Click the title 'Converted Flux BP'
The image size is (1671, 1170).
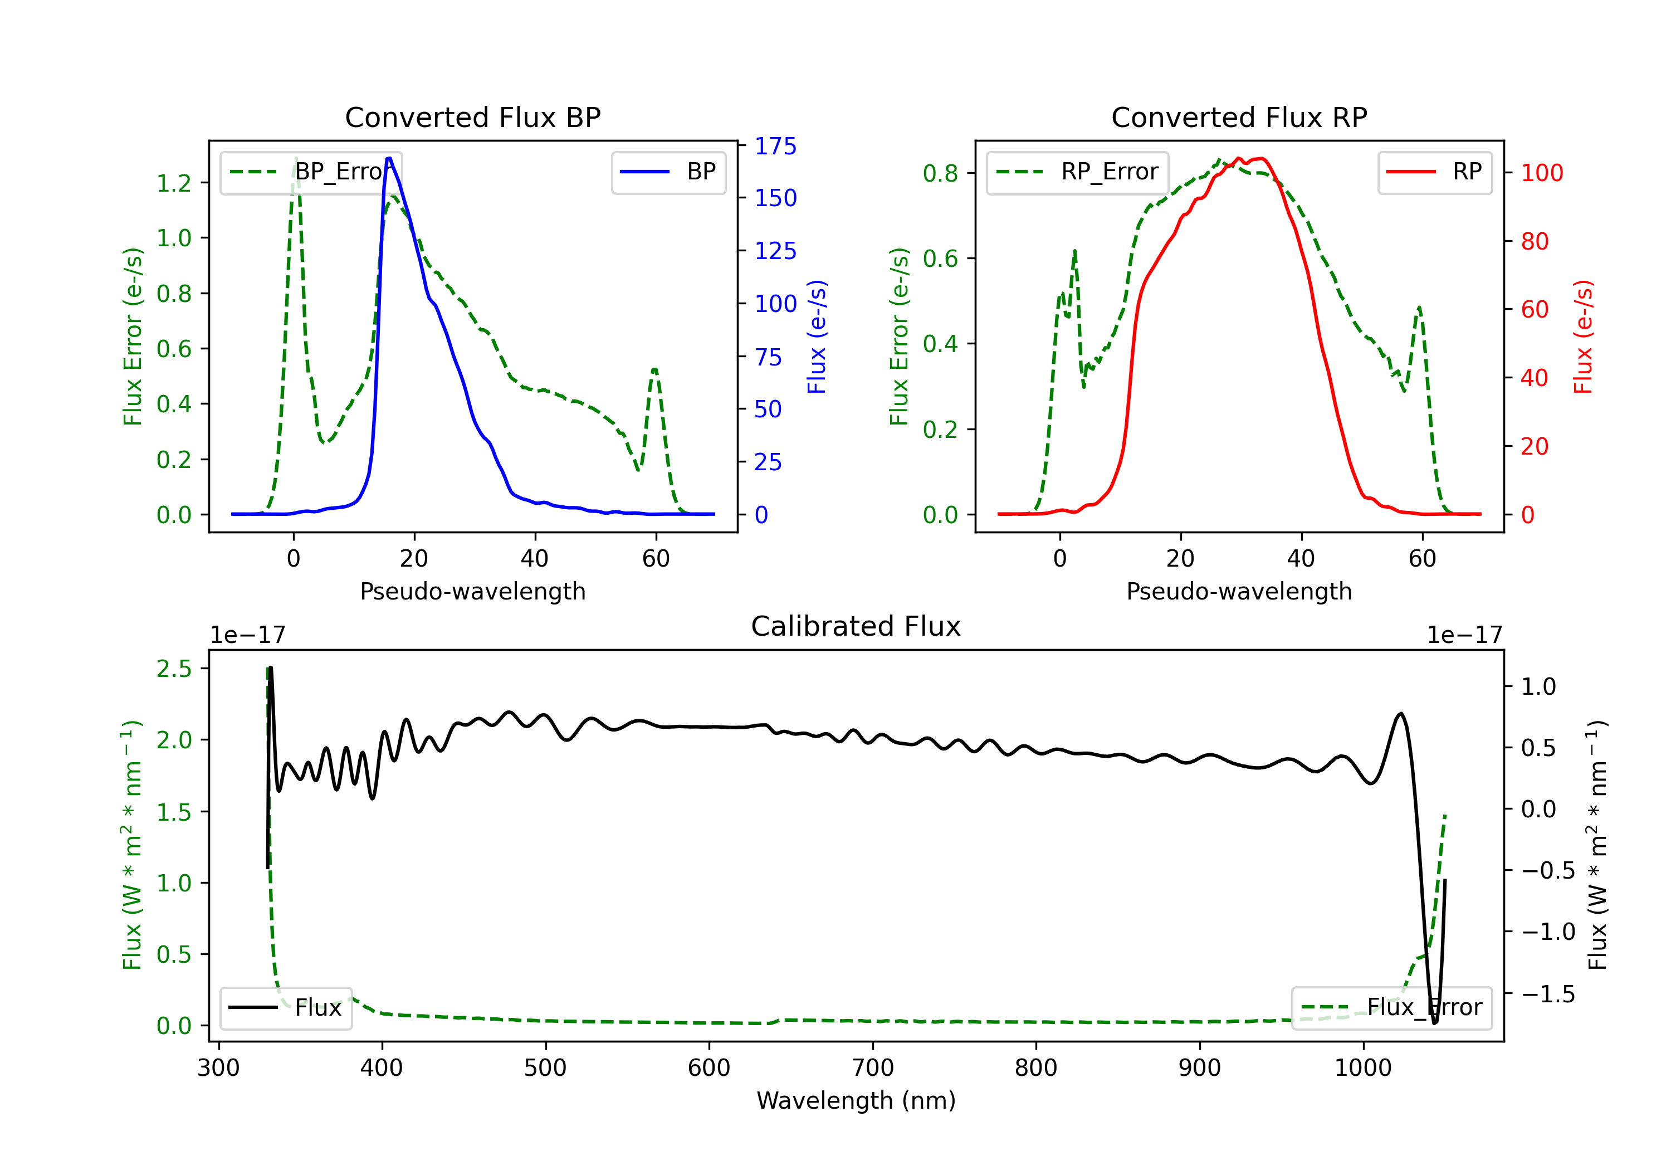[x=472, y=117]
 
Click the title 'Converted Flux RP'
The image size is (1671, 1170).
[x=1239, y=117]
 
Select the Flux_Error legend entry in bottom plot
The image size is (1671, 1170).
[x=1391, y=1008]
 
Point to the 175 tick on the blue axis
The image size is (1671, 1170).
[x=775, y=147]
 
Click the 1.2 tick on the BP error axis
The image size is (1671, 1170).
[x=174, y=183]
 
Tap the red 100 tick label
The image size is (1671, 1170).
[x=1541, y=173]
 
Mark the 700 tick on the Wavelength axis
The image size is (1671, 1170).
[x=873, y=1068]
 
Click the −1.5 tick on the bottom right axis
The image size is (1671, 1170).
[x=1548, y=994]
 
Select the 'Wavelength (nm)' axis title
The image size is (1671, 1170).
[x=856, y=1101]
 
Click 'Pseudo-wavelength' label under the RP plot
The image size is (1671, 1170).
[x=1239, y=591]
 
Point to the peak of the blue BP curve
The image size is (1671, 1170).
[x=389, y=158]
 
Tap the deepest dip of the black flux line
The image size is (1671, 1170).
[x=1434, y=1023]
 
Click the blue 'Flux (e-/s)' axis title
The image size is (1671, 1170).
[x=817, y=337]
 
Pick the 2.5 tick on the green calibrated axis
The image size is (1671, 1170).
[x=174, y=669]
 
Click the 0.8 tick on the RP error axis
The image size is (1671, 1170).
[x=940, y=173]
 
